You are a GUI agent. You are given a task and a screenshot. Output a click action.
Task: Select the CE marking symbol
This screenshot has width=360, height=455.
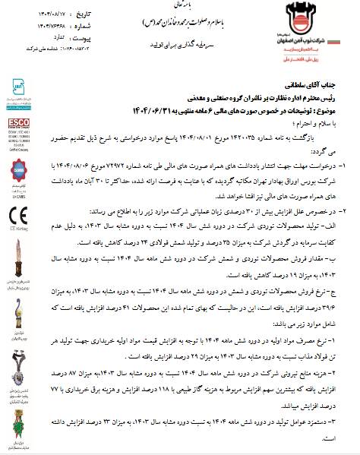point(18,198)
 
